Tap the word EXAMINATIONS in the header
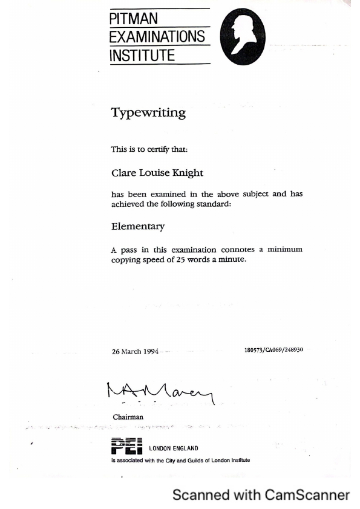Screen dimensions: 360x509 point(157,36)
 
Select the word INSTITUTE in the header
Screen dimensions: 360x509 point(142,56)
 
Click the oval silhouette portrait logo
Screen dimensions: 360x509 point(243,38)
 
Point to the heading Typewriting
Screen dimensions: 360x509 point(148,112)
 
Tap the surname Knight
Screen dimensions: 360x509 point(188,173)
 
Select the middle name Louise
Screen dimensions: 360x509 point(154,173)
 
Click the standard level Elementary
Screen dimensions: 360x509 point(138,227)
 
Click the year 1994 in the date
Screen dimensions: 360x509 point(151,352)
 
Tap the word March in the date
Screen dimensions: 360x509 point(131,352)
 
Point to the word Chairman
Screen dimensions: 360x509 point(128,417)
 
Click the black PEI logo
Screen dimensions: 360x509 point(126,447)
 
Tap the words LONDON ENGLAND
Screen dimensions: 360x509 point(174,449)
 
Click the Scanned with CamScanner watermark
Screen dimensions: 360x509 point(261,495)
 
